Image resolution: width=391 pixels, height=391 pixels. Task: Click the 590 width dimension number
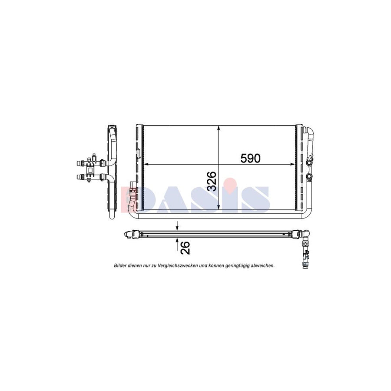click(x=250, y=158)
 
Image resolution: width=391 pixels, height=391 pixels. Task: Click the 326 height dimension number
click(x=212, y=181)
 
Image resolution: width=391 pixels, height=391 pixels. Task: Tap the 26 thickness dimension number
click(x=185, y=248)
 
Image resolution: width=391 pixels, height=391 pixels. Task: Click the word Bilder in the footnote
click(x=120, y=266)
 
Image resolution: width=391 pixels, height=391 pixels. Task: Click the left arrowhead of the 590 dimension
click(x=146, y=164)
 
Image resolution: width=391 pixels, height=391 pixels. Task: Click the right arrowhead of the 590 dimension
click(x=292, y=164)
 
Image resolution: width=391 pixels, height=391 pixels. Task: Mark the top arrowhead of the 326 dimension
click(x=219, y=128)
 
